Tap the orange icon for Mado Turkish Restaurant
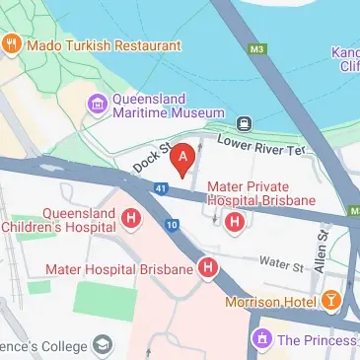click(x=12, y=45)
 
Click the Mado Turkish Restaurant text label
click(x=104, y=45)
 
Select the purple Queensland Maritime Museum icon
click(x=96, y=102)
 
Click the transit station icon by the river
click(x=241, y=122)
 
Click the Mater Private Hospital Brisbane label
click(x=261, y=192)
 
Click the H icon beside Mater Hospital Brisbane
click(x=208, y=266)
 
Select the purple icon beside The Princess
click(x=261, y=340)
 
